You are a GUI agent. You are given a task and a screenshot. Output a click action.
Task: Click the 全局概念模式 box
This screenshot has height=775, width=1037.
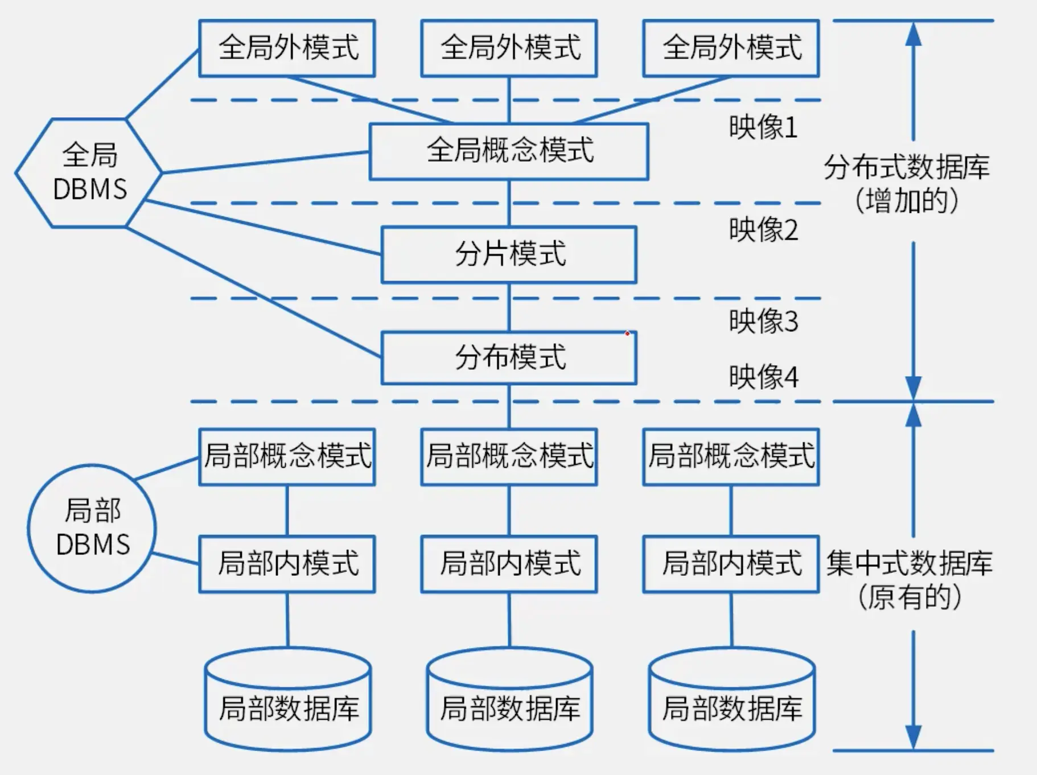coord(509,151)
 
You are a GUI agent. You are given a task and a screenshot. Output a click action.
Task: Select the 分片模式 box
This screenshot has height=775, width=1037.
coord(509,254)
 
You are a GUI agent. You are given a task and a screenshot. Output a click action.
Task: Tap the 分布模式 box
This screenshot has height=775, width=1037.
coord(509,358)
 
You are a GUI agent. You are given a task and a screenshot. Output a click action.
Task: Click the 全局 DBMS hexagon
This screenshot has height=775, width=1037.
coord(89,172)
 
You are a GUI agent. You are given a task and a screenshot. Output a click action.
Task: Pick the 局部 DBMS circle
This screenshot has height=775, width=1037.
coord(92,528)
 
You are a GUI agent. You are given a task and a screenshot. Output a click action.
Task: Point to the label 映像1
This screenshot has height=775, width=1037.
coord(763,127)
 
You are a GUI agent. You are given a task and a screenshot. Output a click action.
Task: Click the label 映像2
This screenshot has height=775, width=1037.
coord(763,230)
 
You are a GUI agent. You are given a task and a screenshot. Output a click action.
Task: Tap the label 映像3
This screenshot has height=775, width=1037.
coord(763,321)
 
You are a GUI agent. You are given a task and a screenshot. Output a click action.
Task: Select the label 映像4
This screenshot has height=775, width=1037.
coord(763,377)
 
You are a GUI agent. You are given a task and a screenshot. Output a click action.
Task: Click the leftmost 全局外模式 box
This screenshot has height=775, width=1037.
coord(287,48)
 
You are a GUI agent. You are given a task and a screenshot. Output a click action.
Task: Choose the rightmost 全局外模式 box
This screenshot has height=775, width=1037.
coord(731,48)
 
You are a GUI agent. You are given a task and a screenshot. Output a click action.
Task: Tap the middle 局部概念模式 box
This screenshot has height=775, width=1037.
coord(509,456)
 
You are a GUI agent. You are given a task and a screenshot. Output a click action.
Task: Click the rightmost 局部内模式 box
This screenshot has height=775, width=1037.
coord(731,563)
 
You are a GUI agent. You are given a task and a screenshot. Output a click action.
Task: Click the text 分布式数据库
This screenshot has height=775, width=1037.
coord(907,167)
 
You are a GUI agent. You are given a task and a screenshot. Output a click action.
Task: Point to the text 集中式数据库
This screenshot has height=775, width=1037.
coord(909,563)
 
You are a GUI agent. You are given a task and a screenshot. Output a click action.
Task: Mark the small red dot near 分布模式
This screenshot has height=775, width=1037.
coord(627,333)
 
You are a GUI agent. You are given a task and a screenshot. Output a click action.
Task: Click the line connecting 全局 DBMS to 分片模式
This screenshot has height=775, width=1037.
coord(262,227)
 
